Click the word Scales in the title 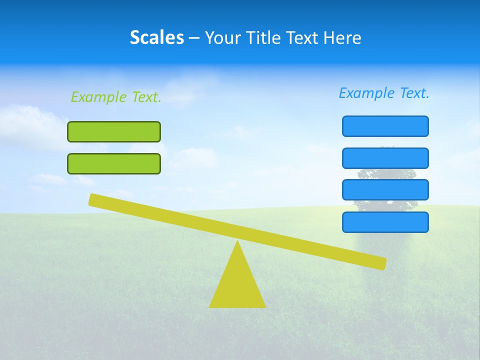click(156, 37)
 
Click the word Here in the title click(343, 38)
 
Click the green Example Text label click(116, 97)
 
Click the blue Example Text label click(384, 93)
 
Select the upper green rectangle click(114, 131)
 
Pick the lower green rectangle click(114, 163)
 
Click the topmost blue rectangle click(385, 126)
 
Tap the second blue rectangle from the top click(385, 158)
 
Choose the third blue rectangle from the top click(385, 190)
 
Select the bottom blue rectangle click(385, 222)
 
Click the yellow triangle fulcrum click(237, 285)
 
